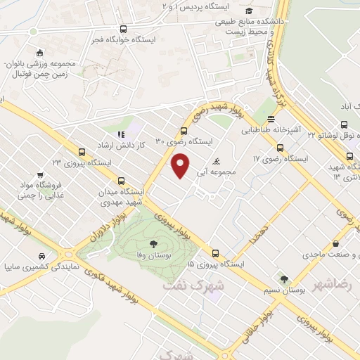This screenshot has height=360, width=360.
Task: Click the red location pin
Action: point(181,166)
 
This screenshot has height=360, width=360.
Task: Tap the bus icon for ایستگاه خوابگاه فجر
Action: point(124,30)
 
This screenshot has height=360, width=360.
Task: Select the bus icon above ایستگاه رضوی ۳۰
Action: point(184,131)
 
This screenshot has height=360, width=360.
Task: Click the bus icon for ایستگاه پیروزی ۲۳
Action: point(82,152)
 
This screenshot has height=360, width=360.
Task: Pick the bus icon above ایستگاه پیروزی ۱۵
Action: point(215,254)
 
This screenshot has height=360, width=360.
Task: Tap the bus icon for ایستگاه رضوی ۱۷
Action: point(281,148)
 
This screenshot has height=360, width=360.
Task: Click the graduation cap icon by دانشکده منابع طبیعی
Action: point(250,11)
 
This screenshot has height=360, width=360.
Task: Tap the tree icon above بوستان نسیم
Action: point(284,279)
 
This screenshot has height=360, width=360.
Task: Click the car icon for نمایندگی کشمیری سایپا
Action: point(44,256)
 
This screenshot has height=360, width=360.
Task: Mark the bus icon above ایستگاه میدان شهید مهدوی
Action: point(122,180)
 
